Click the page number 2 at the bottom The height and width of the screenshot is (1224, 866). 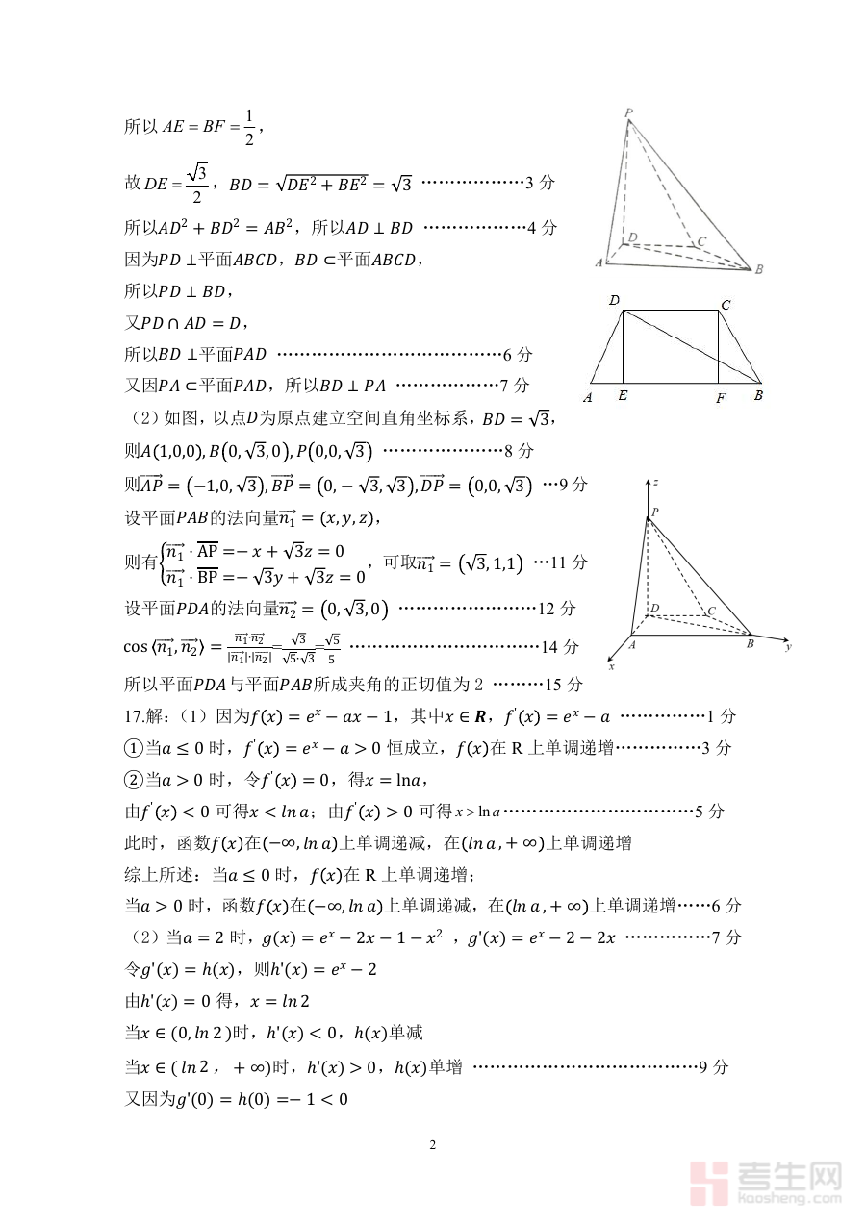coord(432,1144)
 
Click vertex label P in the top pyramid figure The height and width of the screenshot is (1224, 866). coord(628,113)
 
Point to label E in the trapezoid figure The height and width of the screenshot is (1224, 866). coord(623,395)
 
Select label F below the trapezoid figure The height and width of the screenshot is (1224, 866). coord(720,397)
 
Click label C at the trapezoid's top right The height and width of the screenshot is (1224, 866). coord(726,305)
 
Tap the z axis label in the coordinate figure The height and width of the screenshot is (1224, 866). coord(654,480)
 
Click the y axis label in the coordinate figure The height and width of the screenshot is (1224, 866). coord(787,647)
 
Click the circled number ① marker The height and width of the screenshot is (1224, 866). coord(134,748)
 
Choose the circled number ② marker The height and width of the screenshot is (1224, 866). coord(134,780)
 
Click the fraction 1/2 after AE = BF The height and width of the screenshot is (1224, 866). coord(248,128)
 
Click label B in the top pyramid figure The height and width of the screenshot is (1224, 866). coord(759,269)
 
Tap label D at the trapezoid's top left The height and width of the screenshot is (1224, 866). coord(614,301)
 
